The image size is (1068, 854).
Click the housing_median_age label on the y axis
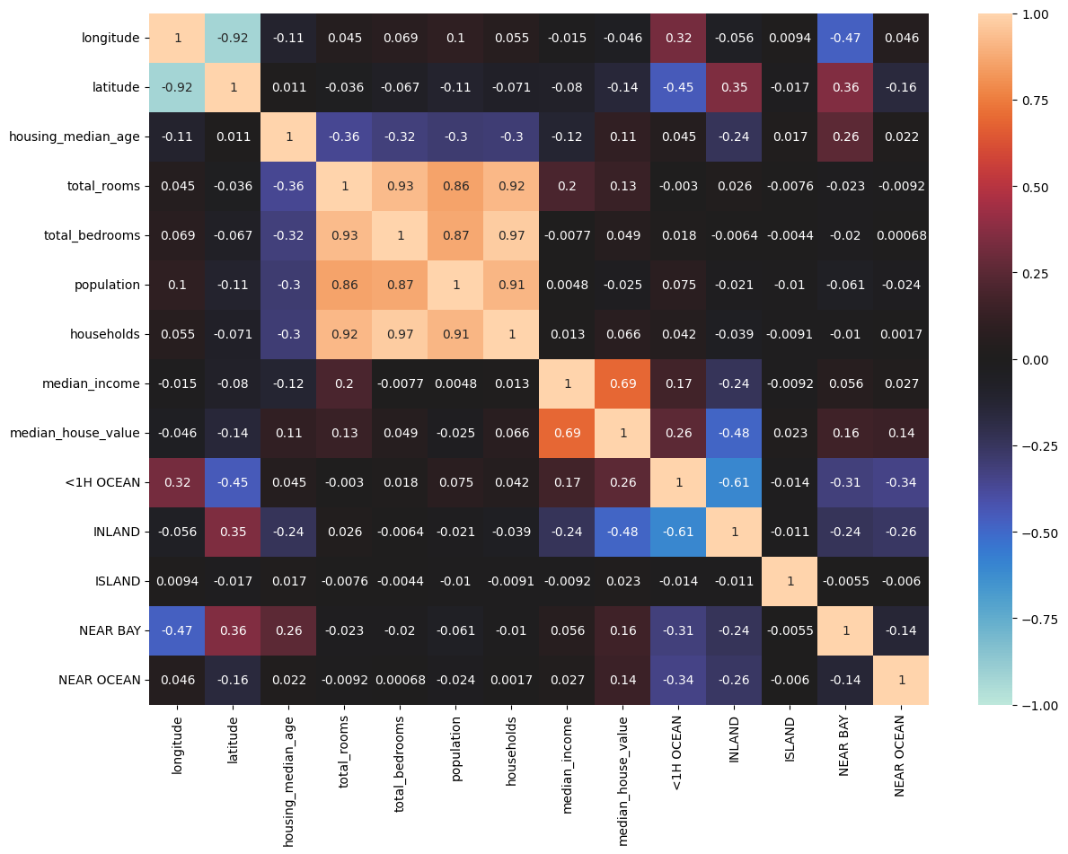[x=74, y=136]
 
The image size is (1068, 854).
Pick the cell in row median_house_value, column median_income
[x=567, y=433]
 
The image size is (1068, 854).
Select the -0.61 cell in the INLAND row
[x=678, y=532]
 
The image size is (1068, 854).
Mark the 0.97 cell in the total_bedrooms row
[x=511, y=235]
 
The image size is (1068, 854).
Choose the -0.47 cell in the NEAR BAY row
[x=177, y=630]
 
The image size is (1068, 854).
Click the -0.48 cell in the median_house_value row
[x=734, y=433]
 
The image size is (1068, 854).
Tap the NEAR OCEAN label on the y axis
[x=98, y=680]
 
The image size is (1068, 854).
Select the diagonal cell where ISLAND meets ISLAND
[x=790, y=581]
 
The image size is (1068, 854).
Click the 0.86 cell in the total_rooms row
[x=455, y=186]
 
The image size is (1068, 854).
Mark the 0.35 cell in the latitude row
[x=734, y=87]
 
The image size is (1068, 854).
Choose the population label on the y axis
[x=108, y=285]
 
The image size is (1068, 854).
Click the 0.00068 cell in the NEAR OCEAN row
[x=400, y=680]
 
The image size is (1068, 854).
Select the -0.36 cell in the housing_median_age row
[x=344, y=136]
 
